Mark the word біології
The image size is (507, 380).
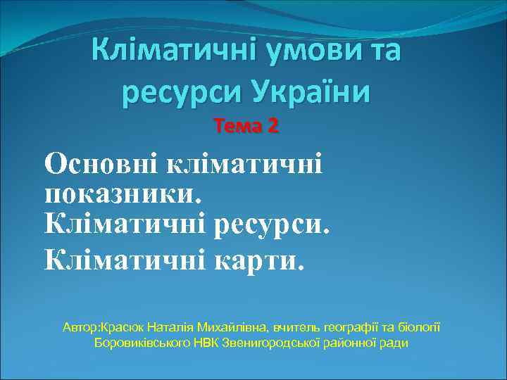pyautogui.click(x=420, y=328)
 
